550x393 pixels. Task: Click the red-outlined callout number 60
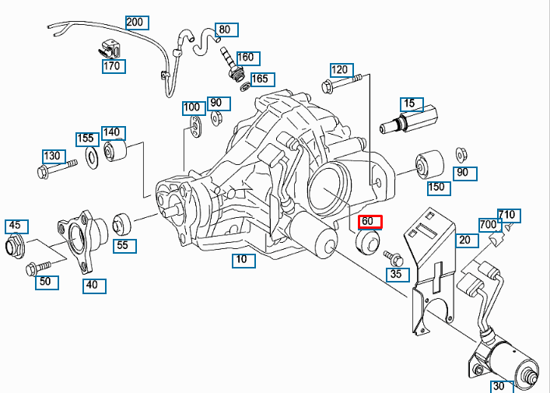pos(370,222)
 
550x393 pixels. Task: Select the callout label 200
pos(134,22)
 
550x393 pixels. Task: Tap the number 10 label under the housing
pos(243,261)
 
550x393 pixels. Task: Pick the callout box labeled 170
pos(113,66)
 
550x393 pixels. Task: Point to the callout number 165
pos(259,79)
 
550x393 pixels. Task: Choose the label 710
pos(506,215)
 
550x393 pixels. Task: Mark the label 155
pos(86,139)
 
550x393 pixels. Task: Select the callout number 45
pos(15,226)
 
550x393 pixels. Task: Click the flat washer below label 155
pos(90,158)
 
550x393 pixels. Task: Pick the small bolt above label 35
pos(392,257)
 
